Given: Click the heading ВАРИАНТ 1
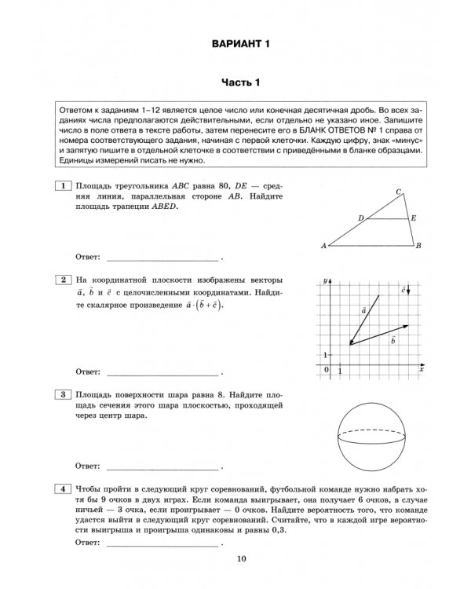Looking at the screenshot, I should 240,43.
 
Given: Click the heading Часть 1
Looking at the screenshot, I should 239,82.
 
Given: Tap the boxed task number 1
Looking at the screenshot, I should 60,185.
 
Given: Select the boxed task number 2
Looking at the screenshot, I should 60,280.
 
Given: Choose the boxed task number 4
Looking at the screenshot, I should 60,489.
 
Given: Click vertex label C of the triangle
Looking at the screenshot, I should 399,192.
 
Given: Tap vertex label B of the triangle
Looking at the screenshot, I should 419,246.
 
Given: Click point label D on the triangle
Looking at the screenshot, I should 360,218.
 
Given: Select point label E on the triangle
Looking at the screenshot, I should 413,218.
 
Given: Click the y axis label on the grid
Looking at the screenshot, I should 324,280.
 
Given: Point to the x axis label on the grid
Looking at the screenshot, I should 421,368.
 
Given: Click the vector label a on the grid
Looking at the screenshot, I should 364,310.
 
